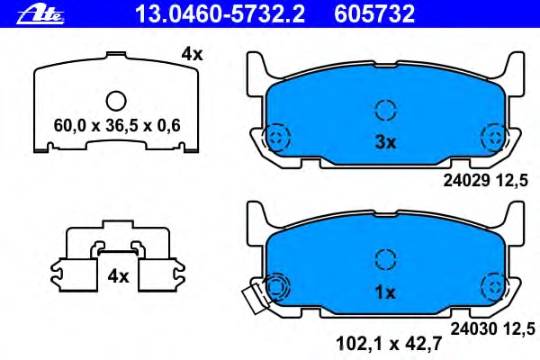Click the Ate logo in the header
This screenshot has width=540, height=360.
[40, 14]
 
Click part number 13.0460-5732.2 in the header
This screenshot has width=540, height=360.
[220, 13]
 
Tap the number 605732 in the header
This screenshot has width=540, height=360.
[374, 13]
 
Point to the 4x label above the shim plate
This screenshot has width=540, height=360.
[193, 54]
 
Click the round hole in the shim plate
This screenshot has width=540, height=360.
[116, 101]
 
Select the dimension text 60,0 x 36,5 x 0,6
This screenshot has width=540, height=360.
[117, 125]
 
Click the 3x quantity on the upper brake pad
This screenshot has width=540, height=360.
[386, 142]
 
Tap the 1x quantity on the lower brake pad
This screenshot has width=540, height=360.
[385, 292]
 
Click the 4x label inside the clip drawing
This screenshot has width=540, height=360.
[118, 276]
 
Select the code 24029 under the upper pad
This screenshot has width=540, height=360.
[466, 180]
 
